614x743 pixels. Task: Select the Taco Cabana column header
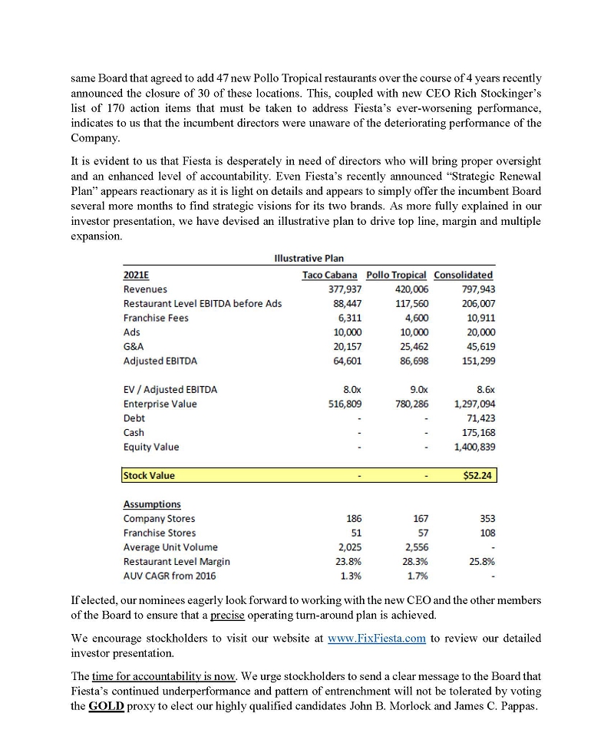pos(330,275)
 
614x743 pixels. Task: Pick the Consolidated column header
pos(464,275)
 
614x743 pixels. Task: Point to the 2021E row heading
pos(136,275)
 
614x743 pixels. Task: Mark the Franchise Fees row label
pos(156,318)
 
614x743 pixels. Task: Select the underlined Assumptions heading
pos(152,504)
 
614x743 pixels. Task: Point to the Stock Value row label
pos(150,475)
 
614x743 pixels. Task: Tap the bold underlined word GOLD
pos(107,706)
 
